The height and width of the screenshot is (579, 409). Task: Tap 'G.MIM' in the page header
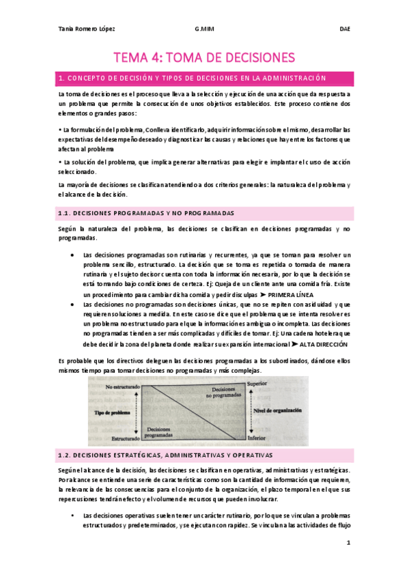click(x=204, y=30)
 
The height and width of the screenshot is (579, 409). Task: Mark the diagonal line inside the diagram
click(x=192, y=412)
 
